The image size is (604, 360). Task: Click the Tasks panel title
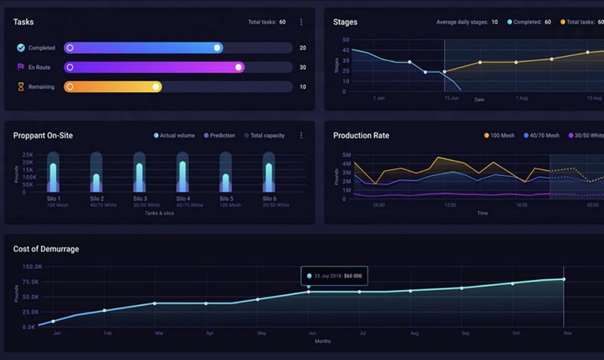pyautogui.click(x=24, y=22)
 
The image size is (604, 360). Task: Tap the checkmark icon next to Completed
pyautogui.click(x=20, y=48)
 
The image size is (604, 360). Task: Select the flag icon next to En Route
pyautogui.click(x=20, y=68)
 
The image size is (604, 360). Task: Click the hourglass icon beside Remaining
pyautogui.click(x=20, y=87)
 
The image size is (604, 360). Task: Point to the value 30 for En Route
pyautogui.click(x=303, y=68)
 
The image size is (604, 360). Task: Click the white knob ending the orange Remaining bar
pyautogui.click(x=157, y=86)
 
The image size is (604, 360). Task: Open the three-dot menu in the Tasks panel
pyautogui.click(x=301, y=22)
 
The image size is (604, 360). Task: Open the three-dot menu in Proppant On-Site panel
pyautogui.click(x=301, y=135)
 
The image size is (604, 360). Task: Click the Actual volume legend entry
pyautogui.click(x=175, y=135)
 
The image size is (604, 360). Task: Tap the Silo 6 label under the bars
pyautogui.click(x=268, y=199)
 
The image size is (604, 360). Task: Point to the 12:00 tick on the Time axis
pyautogui.click(x=450, y=205)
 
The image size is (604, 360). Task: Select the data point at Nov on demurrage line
pyautogui.click(x=564, y=279)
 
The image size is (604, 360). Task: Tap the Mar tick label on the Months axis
pyautogui.click(x=160, y=333)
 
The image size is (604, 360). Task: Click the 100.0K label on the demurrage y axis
pyautogui.click(x=31, y=267)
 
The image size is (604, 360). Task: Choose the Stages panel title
pyautogui.click(x=345, y=22)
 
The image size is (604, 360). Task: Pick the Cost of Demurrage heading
pyautogui.click(x=46, y=249)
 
